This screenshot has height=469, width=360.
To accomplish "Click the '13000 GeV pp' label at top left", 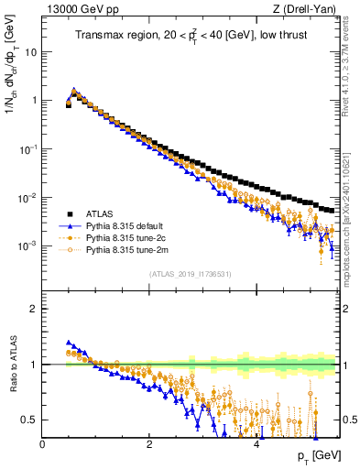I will [82, 10].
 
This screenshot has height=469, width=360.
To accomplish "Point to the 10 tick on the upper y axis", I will [32, 52].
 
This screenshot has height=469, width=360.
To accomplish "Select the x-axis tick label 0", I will [43, 443].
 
